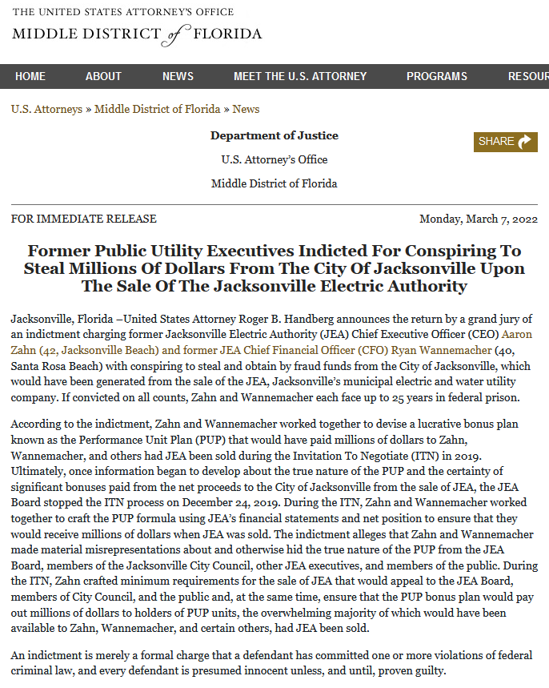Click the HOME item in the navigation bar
coord(30,76)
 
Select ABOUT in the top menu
coord(103,76)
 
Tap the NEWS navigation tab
coord(178,76)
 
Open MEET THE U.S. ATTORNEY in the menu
coord(300,76)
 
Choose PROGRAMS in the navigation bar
coord(436,76)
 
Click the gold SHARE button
coord(505,142)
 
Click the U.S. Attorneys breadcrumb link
coord(46,109)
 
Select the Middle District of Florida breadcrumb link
coord(158,109)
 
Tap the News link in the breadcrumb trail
coord(246,109)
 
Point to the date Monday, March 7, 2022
coord(479,219)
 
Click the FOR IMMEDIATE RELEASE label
coord(84,219)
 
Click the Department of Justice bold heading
coord(274,135)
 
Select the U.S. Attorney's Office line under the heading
coord(274,159)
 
